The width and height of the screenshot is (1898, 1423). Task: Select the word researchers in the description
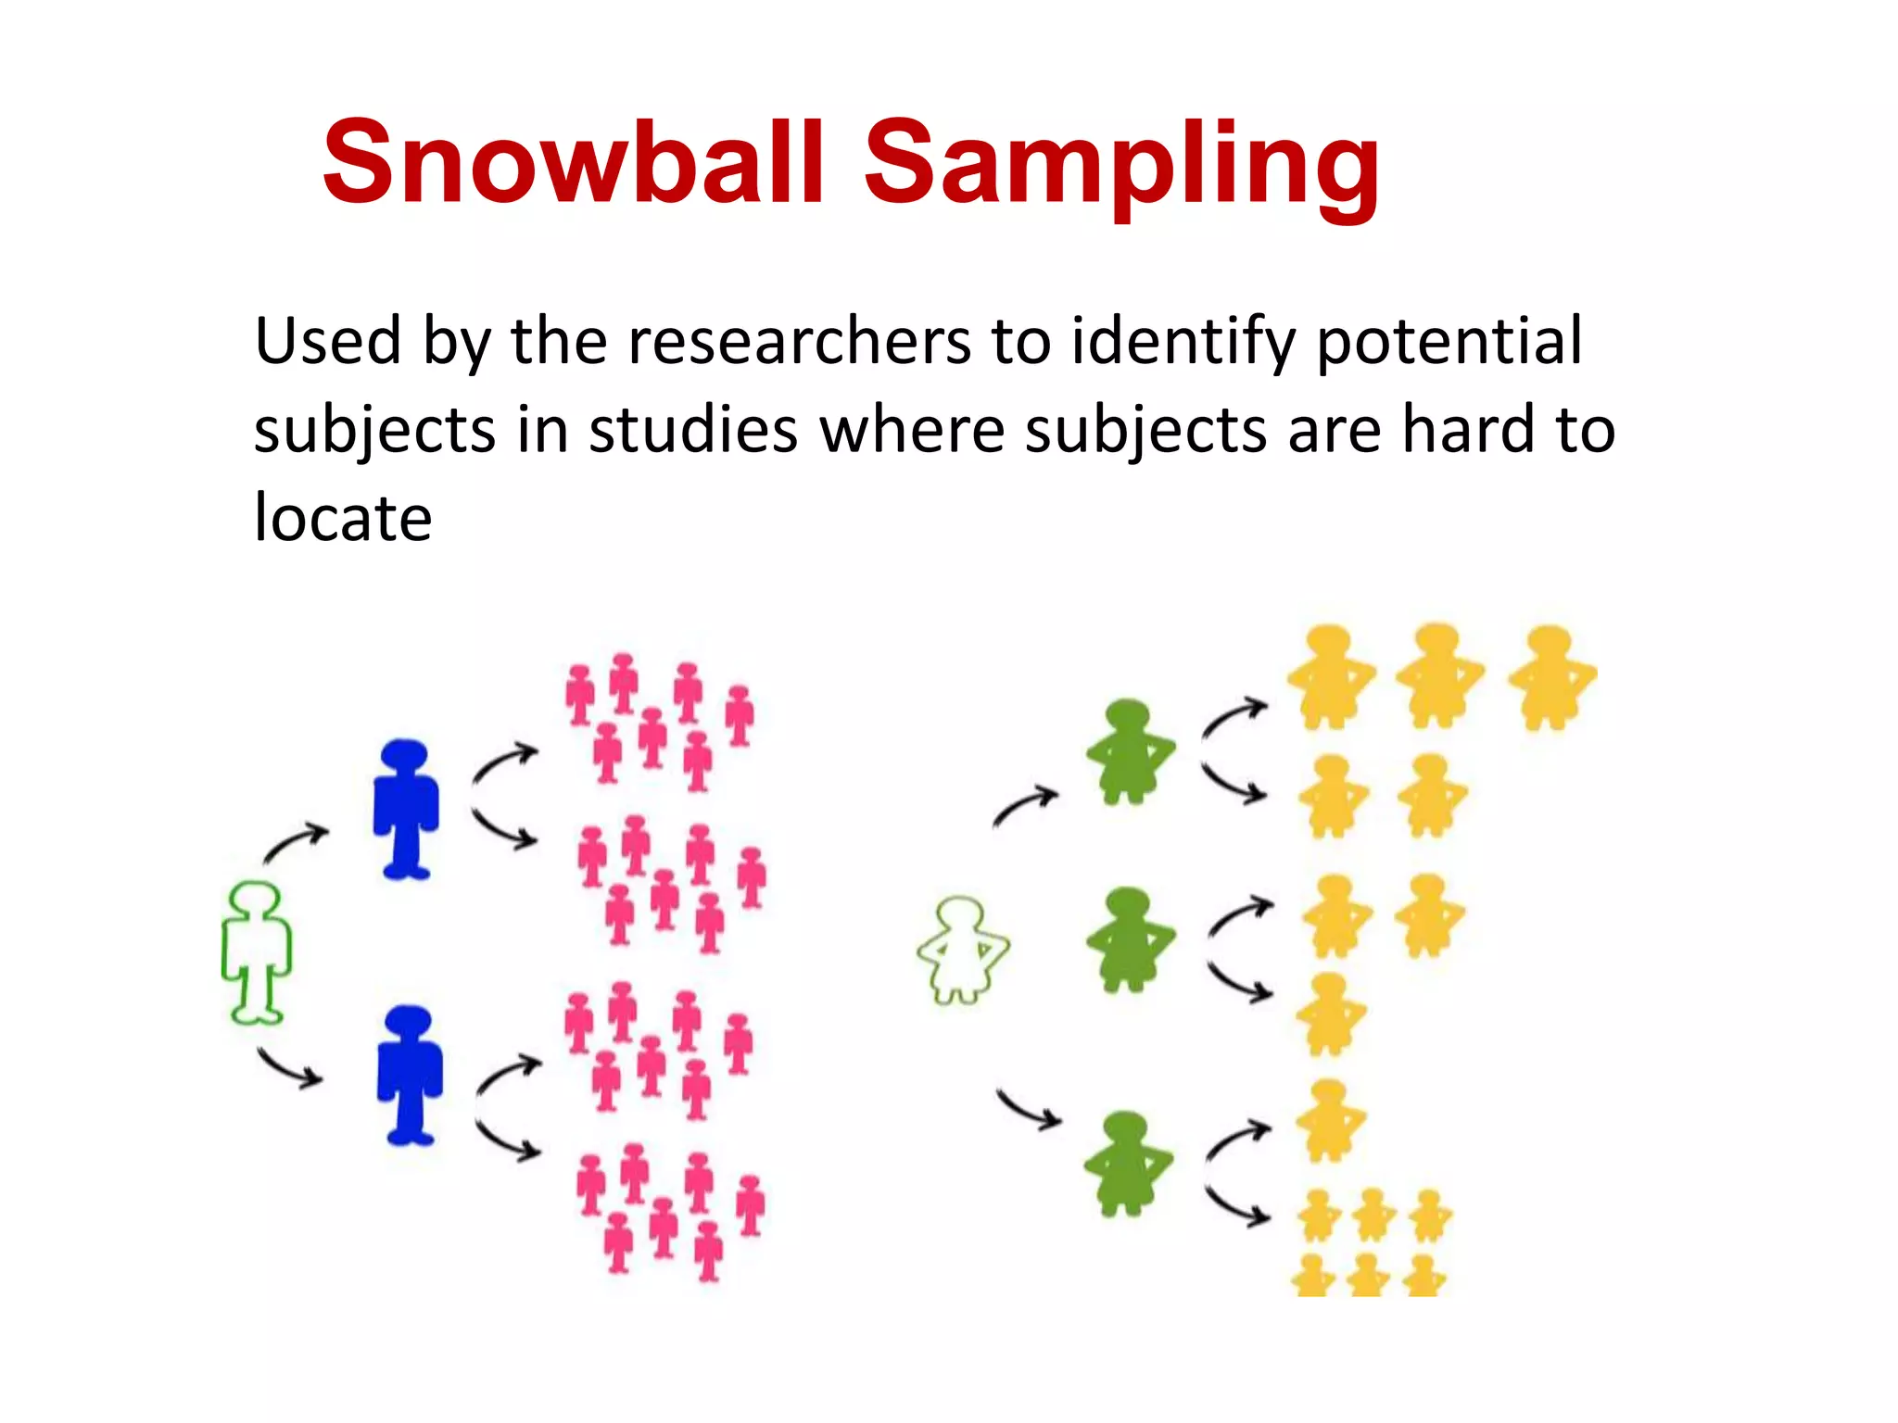coord(799,341)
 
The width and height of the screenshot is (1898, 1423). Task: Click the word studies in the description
coord(693,430)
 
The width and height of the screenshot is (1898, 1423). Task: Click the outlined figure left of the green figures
coord(962,950)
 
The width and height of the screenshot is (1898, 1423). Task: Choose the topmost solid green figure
coord(1129,752)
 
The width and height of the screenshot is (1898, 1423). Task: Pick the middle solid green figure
coord(1129,939)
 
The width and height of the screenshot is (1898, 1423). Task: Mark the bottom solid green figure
coord(1127,1163)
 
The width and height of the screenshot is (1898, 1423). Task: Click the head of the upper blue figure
coord(404,754)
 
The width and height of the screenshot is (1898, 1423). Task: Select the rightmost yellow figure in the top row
coord(1550,676)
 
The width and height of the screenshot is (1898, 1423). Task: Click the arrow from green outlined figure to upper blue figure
coord(296,841)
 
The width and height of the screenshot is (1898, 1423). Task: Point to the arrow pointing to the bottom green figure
coord(1029,1109)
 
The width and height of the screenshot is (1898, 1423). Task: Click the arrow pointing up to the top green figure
coord(1025,804)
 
